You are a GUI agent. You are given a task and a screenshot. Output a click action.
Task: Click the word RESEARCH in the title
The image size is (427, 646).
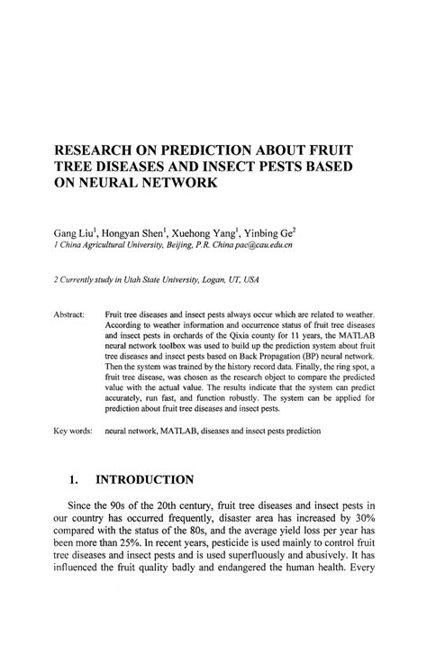tap(94, 149)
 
